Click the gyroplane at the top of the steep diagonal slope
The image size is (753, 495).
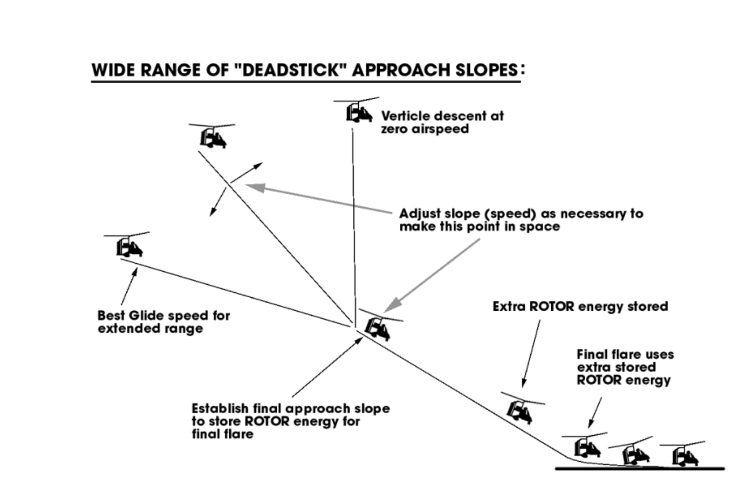coord(213,137)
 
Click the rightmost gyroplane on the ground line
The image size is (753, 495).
coord(685,456)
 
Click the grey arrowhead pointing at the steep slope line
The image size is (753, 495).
coord(255,187)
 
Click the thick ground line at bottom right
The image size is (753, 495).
coord(639,469)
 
